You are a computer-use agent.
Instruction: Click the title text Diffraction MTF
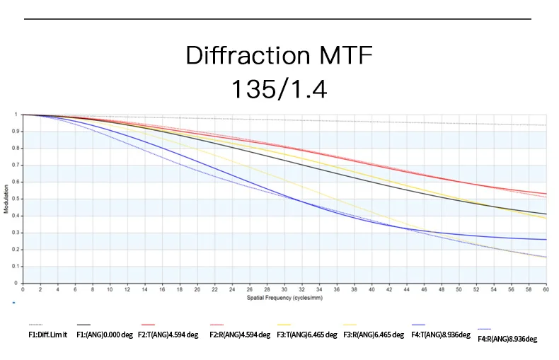(x=278, y=55)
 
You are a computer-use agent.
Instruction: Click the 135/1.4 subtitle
(x=279, y=89)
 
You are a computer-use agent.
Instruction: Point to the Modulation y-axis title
(x=6, y=199)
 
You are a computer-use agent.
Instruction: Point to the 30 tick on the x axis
(x=284, y=289)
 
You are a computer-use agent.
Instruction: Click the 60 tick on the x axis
(x=546, y=289)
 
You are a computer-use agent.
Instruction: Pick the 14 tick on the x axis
(x=145, y=289)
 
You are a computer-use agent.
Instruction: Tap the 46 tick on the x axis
(x=424, y=289)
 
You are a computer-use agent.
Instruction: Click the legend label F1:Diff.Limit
(x=47, y=335)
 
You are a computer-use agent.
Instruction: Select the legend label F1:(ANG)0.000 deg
(x=105, y=335)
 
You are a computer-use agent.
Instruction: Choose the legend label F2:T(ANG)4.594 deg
(x=169, y=335)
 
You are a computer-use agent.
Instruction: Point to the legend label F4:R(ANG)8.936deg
(x=507, y=339)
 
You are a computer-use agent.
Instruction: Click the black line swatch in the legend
(x=83, y=324)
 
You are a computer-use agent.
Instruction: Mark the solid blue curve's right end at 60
(x=546, y=239)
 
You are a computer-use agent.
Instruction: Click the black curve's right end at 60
(x=546, y=214)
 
